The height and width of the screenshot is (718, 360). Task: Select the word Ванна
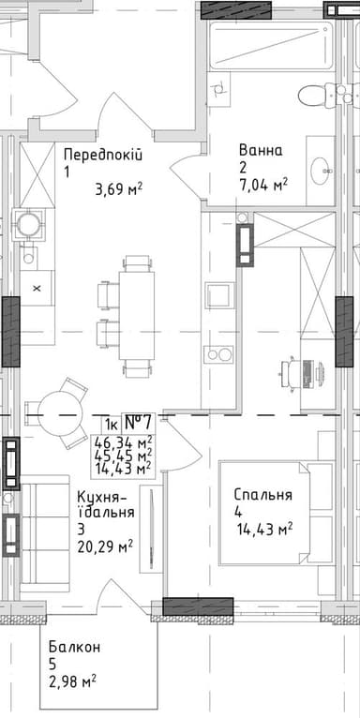(x=261, y=150)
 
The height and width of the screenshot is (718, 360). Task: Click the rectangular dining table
(x=137, y=315)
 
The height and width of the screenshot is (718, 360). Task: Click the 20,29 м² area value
(x=105, y=545)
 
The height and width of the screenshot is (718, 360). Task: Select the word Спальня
(x=263, y=496)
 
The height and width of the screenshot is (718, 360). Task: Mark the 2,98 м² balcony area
(x=73, y=680)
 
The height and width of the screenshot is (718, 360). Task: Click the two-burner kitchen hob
(x=220, y=355)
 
